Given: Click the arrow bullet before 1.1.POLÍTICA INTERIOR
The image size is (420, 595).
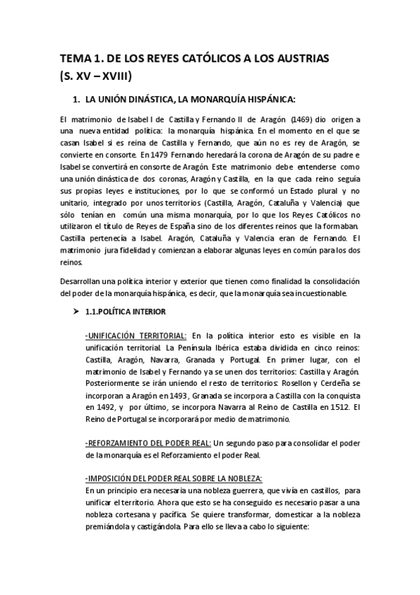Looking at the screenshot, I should pos(68,311).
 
